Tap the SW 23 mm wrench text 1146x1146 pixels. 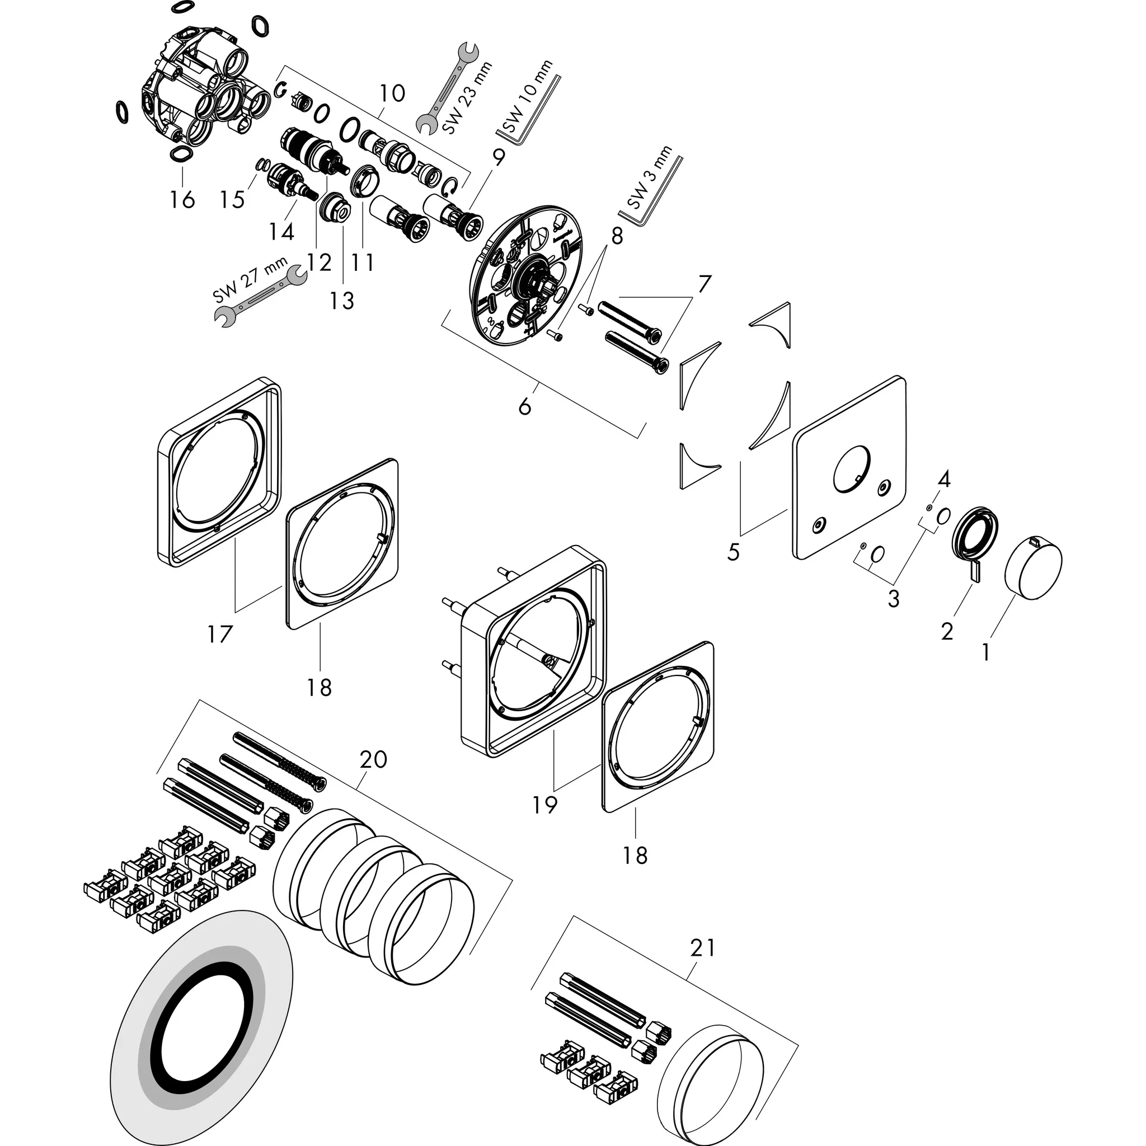[466, 98]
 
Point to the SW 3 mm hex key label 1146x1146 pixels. [651, 178]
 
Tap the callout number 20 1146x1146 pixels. [373, 759]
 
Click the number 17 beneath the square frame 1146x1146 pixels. [219, 635]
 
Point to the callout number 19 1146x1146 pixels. [544, 805]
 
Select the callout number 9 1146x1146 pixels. [498, 157]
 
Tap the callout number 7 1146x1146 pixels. [704, 285]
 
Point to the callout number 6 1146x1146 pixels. [525, 407]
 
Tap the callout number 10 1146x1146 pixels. [392, 93]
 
